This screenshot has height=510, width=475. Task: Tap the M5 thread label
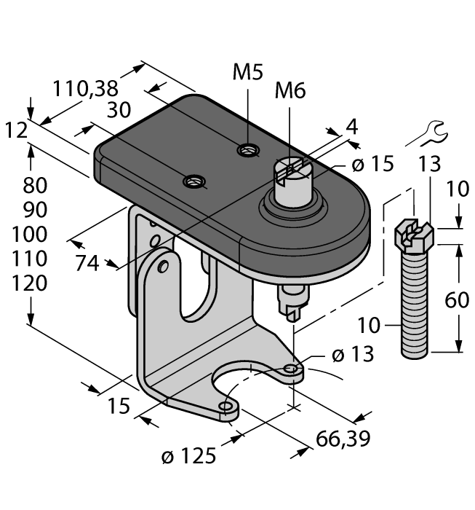pos(247,72)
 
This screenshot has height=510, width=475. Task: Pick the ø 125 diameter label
pos(188,457)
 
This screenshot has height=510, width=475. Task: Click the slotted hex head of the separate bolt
pos(414,235)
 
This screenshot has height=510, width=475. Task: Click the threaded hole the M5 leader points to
pos(248,151)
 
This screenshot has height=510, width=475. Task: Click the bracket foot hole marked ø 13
pos(292,370)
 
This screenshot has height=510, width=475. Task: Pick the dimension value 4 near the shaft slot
pos(352,126)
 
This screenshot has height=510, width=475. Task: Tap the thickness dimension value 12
pos(15,130)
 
